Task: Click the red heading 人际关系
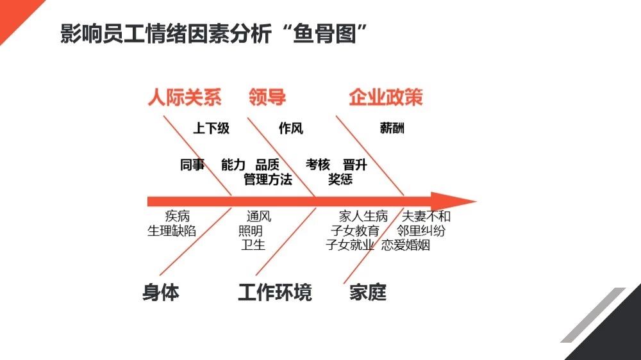pos(185,97)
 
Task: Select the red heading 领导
pos(267,97)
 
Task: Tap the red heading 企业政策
pos(385,97)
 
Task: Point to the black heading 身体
pos(161,293)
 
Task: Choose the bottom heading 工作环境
pos(275,293)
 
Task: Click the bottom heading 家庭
pos(368,293)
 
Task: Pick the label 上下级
pos(212,128)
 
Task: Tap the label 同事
pos(192,165)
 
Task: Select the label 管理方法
pos(268,179)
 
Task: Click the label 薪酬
pos(392,128)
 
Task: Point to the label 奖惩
pos(340,179)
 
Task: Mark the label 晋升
pos(355,165)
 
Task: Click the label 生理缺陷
pos(172,231)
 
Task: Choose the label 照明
pos(251,231)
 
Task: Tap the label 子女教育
pos(355,231)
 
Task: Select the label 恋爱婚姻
pos(406,245)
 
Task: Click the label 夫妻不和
pos(426,216)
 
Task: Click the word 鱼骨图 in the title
pos(324,33)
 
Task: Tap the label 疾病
pos(178,216)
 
